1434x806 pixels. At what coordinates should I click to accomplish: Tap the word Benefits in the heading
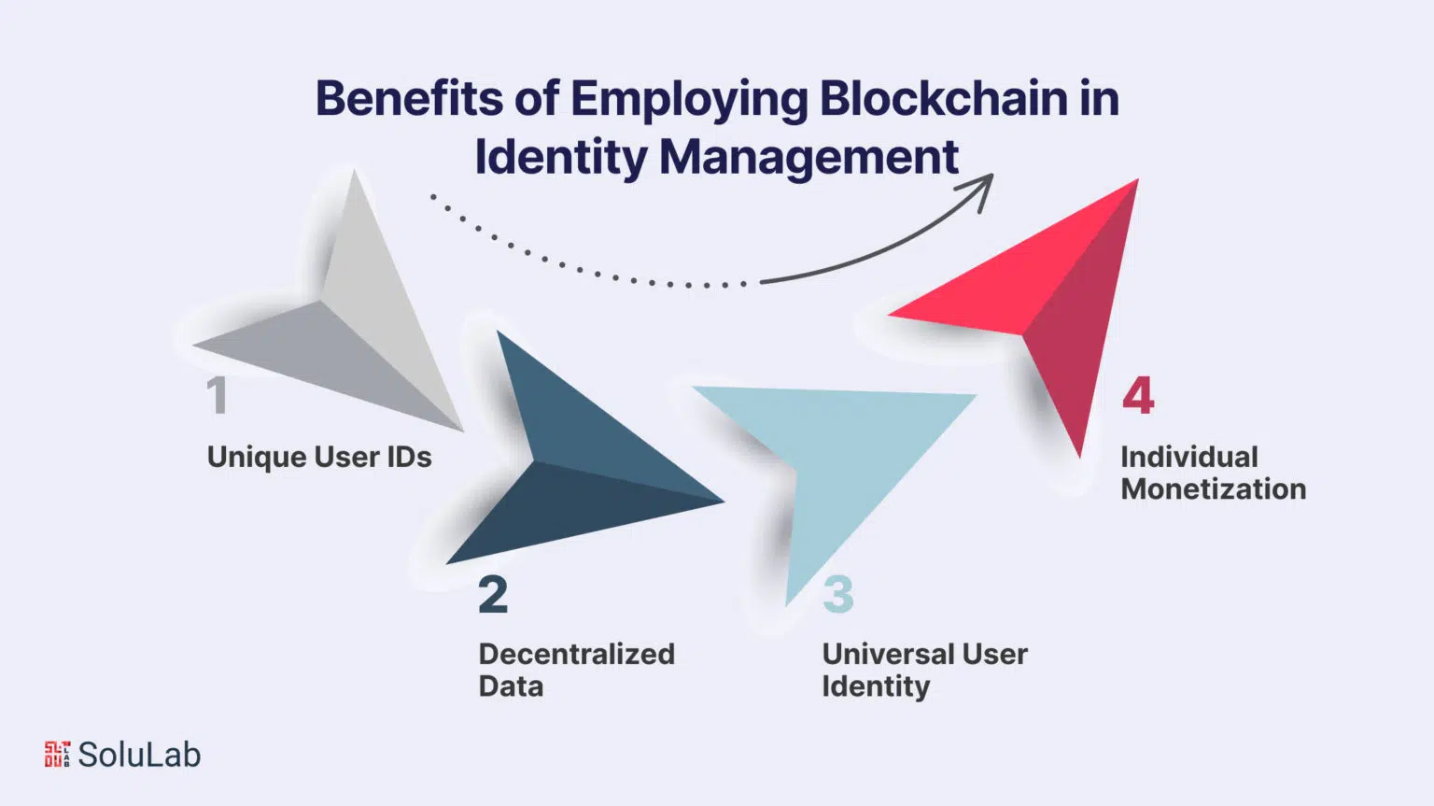click(x=410, y=98)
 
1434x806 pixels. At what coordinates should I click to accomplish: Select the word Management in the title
click(x=809, y=158)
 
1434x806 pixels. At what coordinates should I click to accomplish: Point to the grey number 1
click(x=218, y=395)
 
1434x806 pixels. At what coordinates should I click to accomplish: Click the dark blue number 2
click(x=493, y=595)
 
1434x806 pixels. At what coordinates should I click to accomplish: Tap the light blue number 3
click(x=838, y=595)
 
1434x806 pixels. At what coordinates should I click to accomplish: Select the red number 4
click(x=1138, y=395)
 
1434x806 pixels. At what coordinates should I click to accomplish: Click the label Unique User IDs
click(x=319, y=457)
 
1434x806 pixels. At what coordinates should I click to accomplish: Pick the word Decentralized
click(x=577, y=654)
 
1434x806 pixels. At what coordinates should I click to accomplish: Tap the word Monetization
click(x=1214, y=489)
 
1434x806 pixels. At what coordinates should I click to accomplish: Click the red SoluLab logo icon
click(x=57, y=754)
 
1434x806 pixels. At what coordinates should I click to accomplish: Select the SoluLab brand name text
click(x=139, y=755)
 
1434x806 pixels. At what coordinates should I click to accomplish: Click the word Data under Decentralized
click(x=511, y=686)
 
